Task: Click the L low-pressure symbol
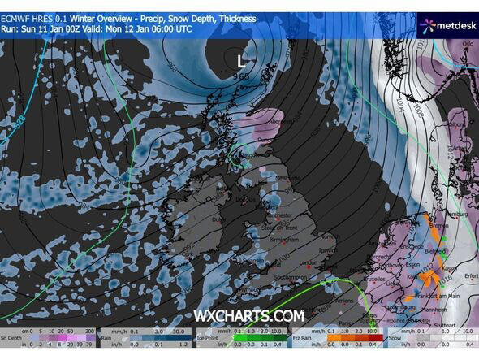pyautogui.click(x=239, y=60)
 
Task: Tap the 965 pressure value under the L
pyautogui.click(x=242, y=76)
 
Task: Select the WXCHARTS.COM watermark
pyautogui.click(x=248, y=315)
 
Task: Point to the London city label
pyautogui.click(x=308, y=263)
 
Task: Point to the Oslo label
pyautogui.click(x=466, y=45)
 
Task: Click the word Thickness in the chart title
pyautogui.click(x=234, y=18)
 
